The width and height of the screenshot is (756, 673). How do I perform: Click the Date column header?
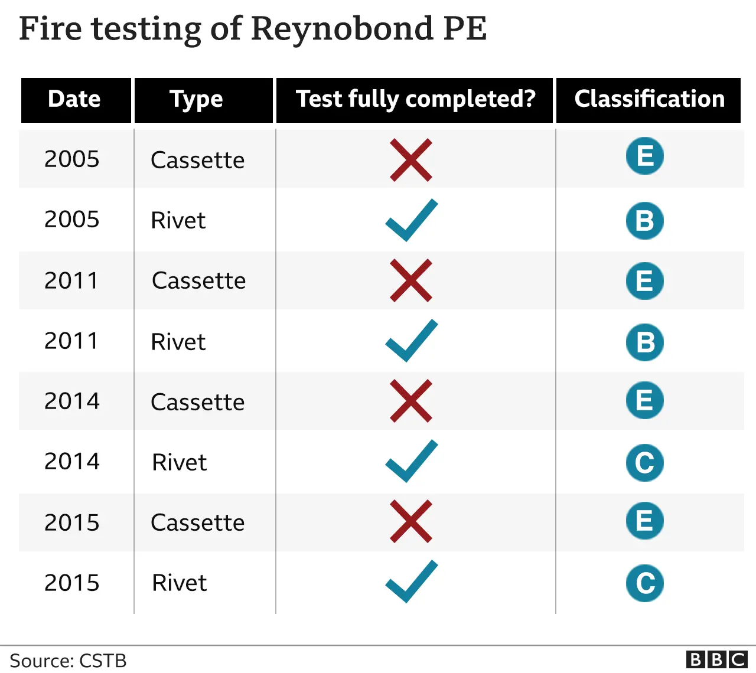point(75,100)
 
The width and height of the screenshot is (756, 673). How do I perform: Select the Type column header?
point(197,100)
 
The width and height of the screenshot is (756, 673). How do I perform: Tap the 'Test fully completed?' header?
point(415,100)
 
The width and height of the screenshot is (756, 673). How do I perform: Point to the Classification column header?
point(649,100)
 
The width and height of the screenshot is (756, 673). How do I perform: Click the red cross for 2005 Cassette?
point(411,160)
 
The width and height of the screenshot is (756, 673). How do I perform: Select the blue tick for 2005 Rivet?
point(411,220)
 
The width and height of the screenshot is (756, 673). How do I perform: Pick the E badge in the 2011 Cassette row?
point(644,281)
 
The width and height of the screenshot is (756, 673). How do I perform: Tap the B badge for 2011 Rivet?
point(644,342)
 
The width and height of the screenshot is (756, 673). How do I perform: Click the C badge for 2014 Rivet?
point(644,463)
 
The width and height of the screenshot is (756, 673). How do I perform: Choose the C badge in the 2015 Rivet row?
point(644,583)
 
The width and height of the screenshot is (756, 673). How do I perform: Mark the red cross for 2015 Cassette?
point(411,522)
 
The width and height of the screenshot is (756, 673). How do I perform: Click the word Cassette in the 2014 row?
point(197,402)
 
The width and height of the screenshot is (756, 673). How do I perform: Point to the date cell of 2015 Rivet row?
point(72,583)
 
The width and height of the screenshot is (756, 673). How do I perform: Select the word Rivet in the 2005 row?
point(178,221)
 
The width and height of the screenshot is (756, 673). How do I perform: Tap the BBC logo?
point(717,659)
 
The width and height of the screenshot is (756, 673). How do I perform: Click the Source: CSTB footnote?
point(68,661)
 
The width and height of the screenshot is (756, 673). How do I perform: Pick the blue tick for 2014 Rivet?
point(411,461)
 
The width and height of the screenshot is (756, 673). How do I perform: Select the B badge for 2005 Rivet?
point(644,221)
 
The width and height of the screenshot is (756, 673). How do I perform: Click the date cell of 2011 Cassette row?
point(71,281)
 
